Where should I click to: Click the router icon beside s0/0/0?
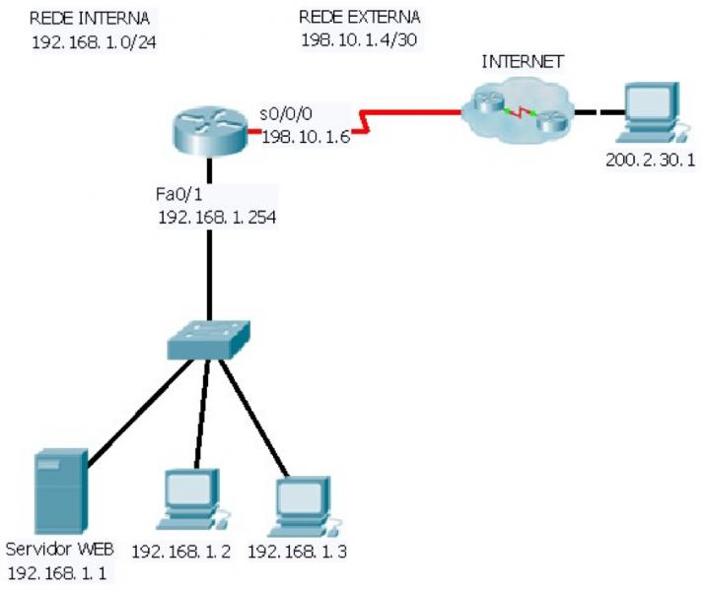tap(207, 132)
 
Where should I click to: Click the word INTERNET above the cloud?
tap(522, 61)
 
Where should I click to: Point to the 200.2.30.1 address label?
tap(643, 158)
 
